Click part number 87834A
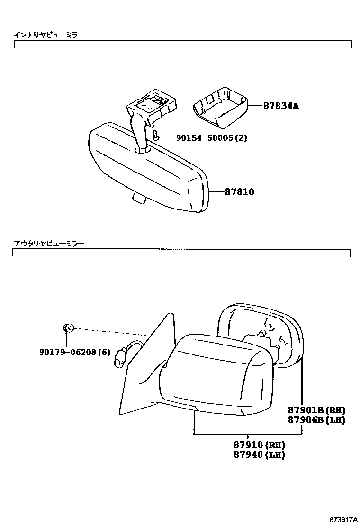pyautogui.click(x=281, y=106)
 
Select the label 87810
pyautogui.click(x=239, y=192)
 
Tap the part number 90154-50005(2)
pyautogui.click(x=211, y=138)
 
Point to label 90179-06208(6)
pyautogui.click(x=75, y=352)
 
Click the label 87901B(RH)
pyautogui.click(x=316, y=410)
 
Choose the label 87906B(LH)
pyautogui.click(x=316, y=420)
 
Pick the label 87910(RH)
pyautogui.click(x=259, y=445)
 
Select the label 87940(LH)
pyautogui.click(x=259, y=455)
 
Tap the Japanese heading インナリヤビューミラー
pyautogui.click(x=49, y=35)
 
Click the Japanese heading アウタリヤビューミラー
pyautogui.click(x=49, y=244)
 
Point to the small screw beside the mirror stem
pyautogui.click(x=155, y=136)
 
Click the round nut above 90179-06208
pyautogui.click(x=68, y=327)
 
